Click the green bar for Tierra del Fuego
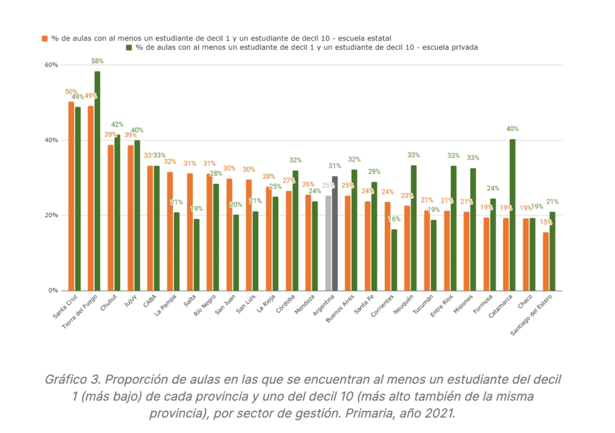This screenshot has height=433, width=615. click(97, 180)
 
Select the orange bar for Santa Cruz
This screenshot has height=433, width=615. click(71, 196)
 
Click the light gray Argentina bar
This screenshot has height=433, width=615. click(328, 243)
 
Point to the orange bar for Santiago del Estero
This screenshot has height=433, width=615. click(545, 261)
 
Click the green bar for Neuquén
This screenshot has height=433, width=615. click(414, 228)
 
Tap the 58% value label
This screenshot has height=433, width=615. click(97, 61)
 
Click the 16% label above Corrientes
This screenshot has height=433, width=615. click(394, 219)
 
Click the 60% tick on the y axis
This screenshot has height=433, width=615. click(51, 65)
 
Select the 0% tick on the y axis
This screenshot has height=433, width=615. click(53, 291)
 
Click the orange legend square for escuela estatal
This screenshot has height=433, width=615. click(44, 38)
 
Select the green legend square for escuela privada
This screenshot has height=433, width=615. click(129, 47)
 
